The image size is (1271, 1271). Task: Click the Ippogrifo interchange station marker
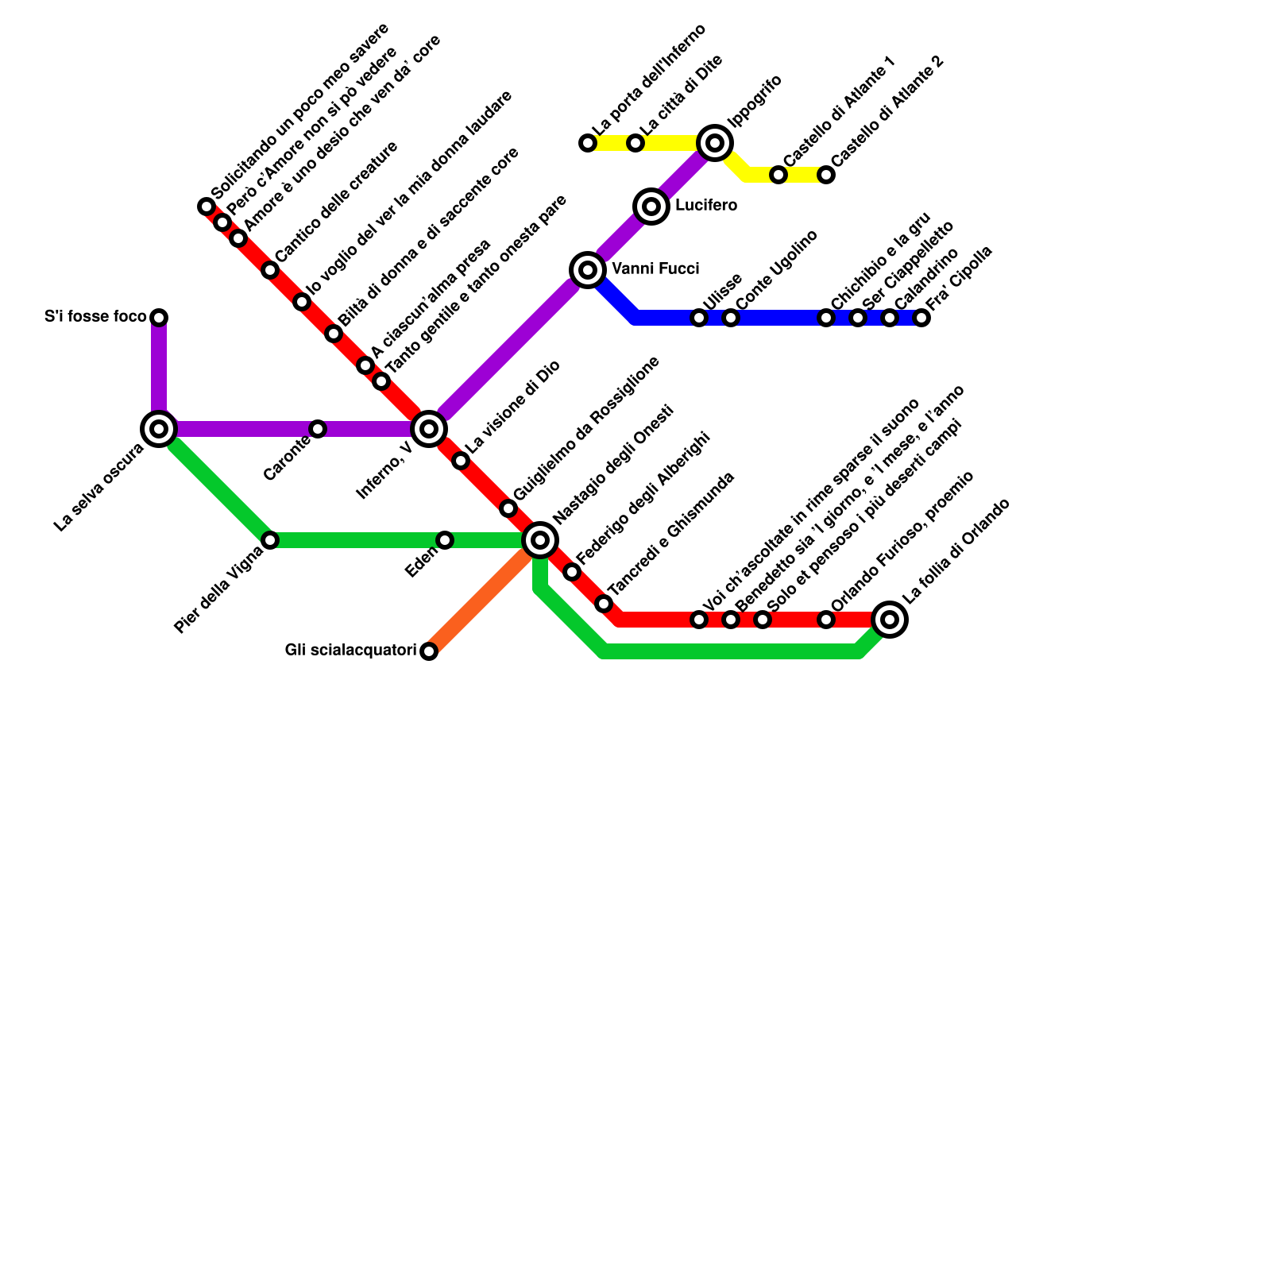point(715,143)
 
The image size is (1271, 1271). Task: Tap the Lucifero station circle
point(651,207)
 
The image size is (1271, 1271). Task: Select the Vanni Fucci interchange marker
point(588,270)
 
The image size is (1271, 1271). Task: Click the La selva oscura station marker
point(159,429)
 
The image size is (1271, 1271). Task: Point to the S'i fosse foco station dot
point(159,318)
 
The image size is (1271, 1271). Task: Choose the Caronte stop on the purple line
point(318,429)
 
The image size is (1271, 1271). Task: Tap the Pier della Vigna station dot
point(270,540)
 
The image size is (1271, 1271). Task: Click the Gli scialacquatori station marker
point(429,651)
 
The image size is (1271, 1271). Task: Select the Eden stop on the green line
point(445,540)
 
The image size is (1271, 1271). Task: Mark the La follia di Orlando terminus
point(890,620)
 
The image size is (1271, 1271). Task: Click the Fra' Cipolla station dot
point(921,318)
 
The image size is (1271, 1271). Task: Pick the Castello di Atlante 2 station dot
point(826,175)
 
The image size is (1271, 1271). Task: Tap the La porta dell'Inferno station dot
point(588,143)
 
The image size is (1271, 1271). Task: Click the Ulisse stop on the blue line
point(699,318)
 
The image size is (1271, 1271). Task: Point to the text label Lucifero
point(705,207)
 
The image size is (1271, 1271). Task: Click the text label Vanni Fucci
point(655,269)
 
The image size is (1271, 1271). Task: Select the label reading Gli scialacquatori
point(350,651)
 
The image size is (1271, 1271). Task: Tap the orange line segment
point(481,600)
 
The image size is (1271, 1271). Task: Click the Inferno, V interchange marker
point(429,429)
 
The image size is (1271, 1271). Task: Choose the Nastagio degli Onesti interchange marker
point(540,540)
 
